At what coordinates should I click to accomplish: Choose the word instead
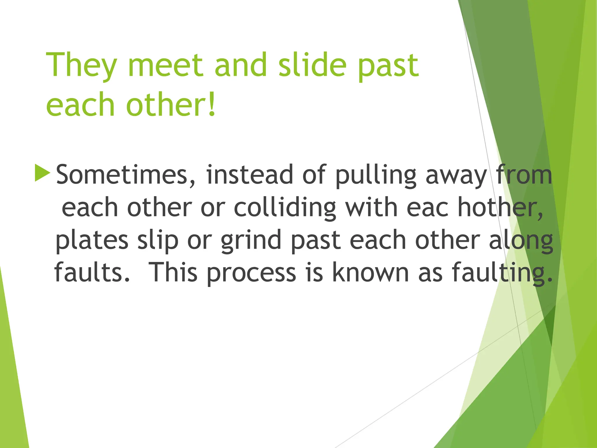(x=250, y=175)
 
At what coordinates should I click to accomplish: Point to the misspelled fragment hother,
(x=500, y=208)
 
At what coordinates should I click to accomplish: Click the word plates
(x=92, y=241)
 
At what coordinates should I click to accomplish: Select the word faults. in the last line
(x=92, y=272)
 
